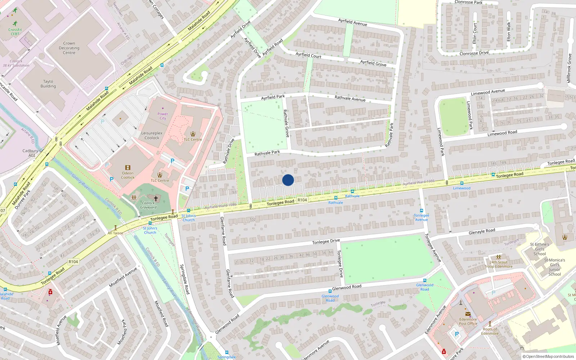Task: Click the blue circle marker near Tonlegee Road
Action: coord(288,180)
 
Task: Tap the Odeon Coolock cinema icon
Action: coord(128,168)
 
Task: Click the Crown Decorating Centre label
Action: coord(69,48)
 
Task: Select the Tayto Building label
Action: coord(48,84)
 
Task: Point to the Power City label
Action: coord(163,116)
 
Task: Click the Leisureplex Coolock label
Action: coord(152,135)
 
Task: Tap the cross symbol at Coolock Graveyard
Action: coord(156,198)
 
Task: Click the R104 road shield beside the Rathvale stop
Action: coord(302,200)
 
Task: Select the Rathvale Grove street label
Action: coord(286,123)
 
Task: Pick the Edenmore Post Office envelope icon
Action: coord(468,314)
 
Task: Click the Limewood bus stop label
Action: coord(462,188)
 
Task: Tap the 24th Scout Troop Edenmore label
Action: coord(499,264)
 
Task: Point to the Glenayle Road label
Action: coord(482,231)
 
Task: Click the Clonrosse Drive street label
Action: coord(474,53)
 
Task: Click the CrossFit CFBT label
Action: coord(15,32)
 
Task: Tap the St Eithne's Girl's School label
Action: coord(540,249)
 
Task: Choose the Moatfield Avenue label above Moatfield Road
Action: coord(123,277)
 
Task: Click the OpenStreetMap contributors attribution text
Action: coord(548,357)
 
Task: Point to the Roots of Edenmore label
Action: coord(490,331)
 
